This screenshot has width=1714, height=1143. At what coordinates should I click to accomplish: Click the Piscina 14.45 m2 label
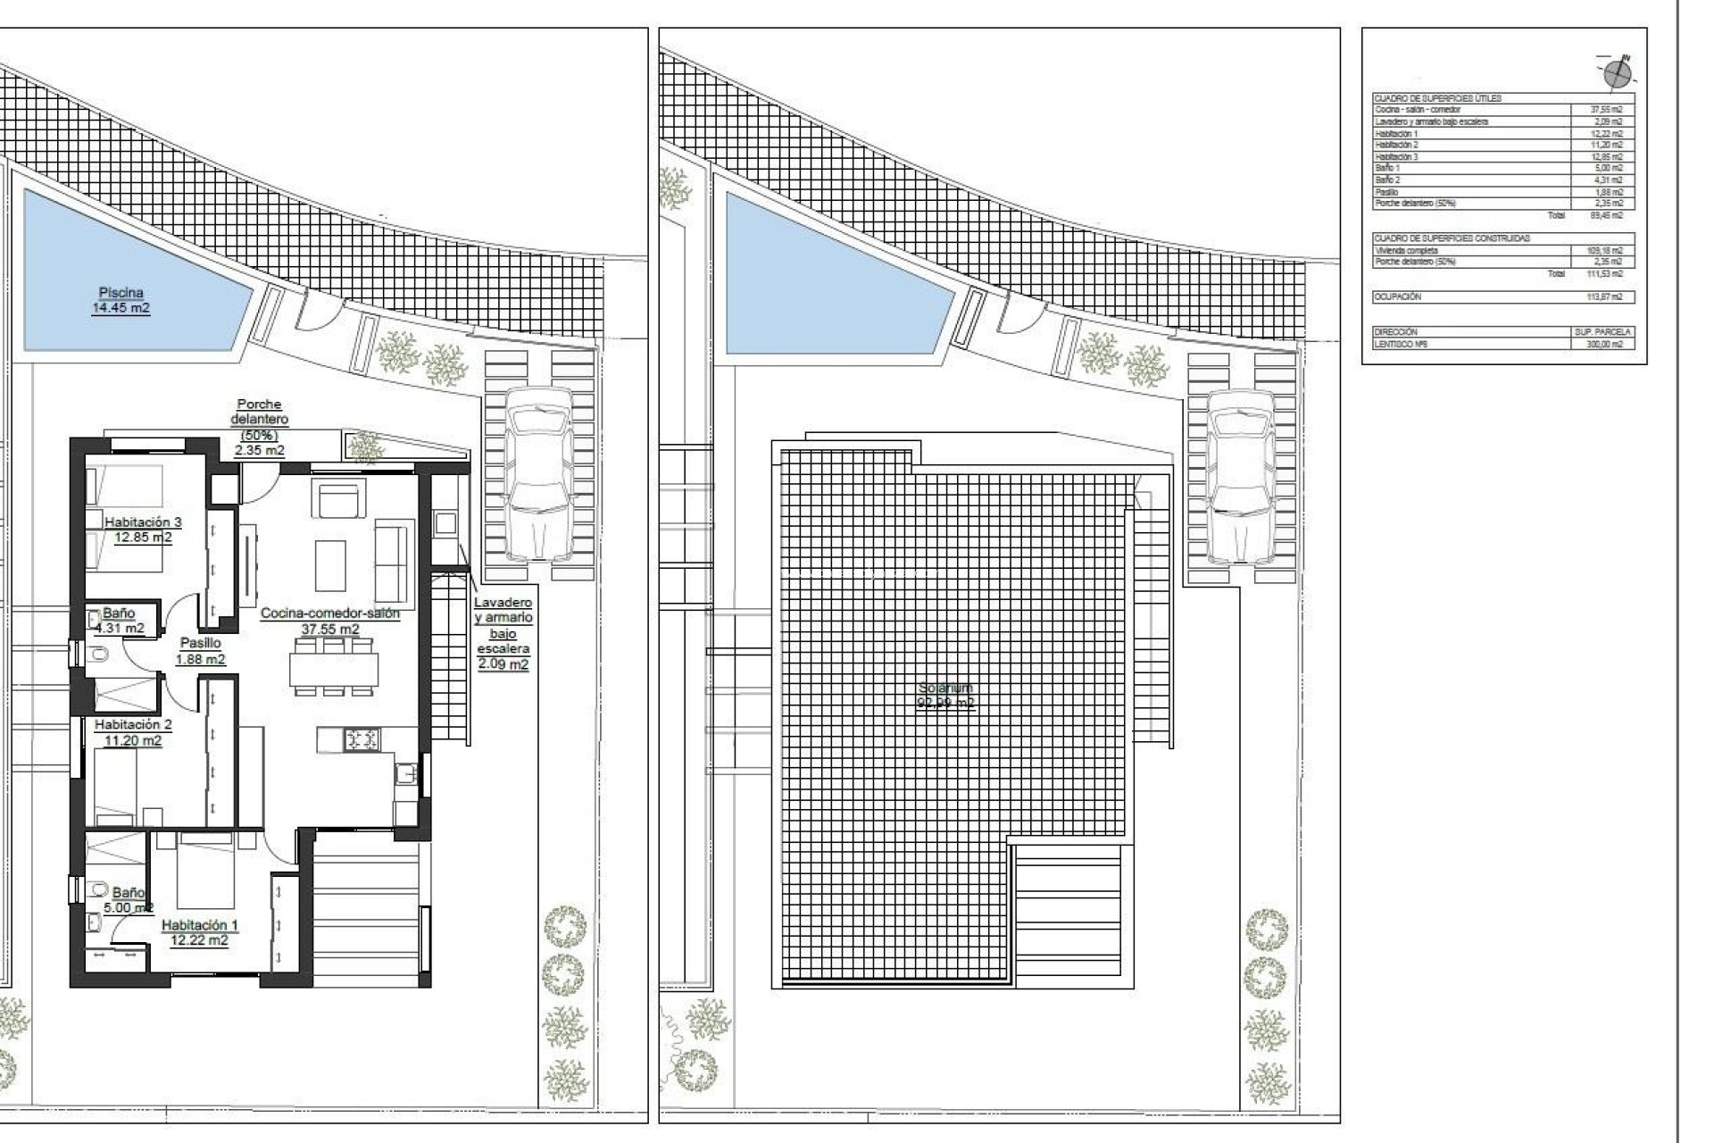click(x=121, y=300)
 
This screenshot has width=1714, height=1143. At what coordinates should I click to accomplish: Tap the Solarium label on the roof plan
click(x=945, y=695)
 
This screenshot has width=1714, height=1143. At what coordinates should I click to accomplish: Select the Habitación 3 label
click(x=143, y=530)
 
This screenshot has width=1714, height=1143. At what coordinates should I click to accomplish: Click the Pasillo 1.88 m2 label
click(x=200, y=651)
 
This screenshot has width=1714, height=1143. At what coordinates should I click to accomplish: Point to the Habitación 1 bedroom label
click(x=199, y=932)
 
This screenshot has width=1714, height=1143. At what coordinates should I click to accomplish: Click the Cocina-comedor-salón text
click(x=329, y=613)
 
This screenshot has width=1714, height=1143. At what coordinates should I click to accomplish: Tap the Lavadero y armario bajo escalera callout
click(x=503, y=633)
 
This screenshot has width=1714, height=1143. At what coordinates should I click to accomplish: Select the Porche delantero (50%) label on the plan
click(x=259, y=427)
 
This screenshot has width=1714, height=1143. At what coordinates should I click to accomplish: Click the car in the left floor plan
click(x=537, y=473)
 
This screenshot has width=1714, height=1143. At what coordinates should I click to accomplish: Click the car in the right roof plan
click(x=1240, y=475)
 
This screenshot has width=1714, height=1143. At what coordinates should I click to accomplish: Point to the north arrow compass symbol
click(x=1617, y=72)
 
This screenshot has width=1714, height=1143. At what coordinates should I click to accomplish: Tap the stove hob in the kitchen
click(x=362, y=739)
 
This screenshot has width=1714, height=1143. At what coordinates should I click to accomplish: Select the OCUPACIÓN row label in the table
click(x=1397, y=296)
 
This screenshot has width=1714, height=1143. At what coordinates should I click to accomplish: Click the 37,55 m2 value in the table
click(x=1606, y=110)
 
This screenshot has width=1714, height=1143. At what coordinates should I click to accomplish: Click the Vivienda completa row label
click(x=1406, y=251)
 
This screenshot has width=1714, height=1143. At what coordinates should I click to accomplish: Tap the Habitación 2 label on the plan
click(x=132, y=732)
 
